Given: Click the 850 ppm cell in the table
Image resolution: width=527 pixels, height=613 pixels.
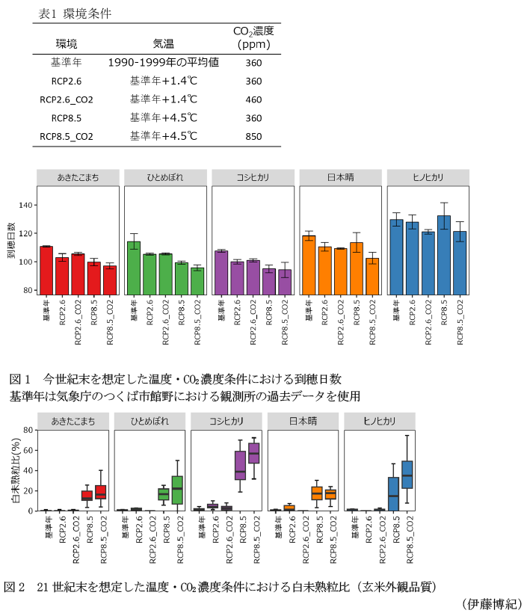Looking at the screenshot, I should click(253, 136).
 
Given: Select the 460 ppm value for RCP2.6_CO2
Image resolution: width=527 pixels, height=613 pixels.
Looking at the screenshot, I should click(253, 99).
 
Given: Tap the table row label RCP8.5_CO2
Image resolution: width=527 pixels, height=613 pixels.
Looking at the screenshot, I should click(67, 136).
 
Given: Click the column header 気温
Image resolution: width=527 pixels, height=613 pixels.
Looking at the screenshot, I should click(163, 43).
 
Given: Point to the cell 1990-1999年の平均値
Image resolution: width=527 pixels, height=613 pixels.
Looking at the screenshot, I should click(163, 63).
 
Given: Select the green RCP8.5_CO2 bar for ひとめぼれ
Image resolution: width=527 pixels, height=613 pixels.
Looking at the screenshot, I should click(197, 280).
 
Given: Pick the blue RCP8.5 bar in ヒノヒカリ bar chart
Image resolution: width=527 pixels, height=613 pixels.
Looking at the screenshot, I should click(444, 255).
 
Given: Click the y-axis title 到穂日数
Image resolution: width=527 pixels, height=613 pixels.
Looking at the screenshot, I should click(11, 239).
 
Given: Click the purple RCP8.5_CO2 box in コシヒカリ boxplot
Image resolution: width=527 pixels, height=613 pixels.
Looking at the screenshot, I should click(253, 454).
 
